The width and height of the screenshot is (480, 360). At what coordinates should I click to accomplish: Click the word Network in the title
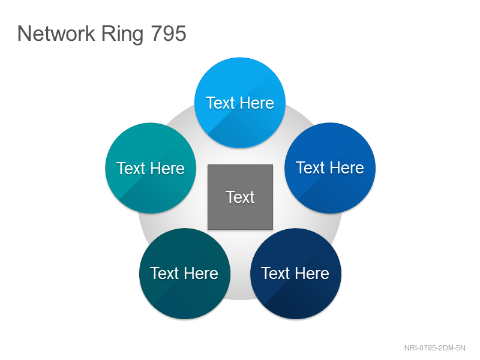pos(56,33)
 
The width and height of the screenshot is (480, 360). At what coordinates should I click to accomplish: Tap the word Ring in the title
pos(122,34)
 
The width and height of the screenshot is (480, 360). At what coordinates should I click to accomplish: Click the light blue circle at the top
pos(240,103)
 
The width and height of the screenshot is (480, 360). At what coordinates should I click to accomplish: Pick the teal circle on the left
pos(151,168)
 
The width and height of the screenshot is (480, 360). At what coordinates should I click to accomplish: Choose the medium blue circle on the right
pos(330,168)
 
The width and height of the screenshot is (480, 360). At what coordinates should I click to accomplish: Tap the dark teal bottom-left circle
pos(185,274)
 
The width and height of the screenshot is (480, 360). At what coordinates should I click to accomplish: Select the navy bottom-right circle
pos(296,274)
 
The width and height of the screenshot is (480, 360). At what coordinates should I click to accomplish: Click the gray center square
pos(241,197)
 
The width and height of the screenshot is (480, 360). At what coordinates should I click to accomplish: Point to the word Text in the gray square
pos(241,197)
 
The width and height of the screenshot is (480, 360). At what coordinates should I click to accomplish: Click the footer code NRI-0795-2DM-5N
pos(434,348)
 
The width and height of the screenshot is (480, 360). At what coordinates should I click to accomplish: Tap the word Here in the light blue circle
pos(257,103)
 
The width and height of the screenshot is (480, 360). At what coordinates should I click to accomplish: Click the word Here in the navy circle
pos(312,273)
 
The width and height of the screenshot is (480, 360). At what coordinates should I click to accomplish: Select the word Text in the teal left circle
pos(131,168)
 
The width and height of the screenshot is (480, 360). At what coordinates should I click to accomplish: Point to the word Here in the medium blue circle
pos(347,168)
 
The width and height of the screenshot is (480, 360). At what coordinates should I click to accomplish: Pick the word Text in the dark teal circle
pos(164,273)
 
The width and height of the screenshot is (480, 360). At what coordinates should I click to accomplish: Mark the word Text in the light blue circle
pos(220,103)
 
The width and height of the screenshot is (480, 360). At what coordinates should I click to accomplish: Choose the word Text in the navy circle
pos(275,273)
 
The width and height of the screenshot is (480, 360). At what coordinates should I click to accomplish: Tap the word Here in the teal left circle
pos(167,168)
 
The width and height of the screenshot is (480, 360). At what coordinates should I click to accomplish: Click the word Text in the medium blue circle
pos(310,168)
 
